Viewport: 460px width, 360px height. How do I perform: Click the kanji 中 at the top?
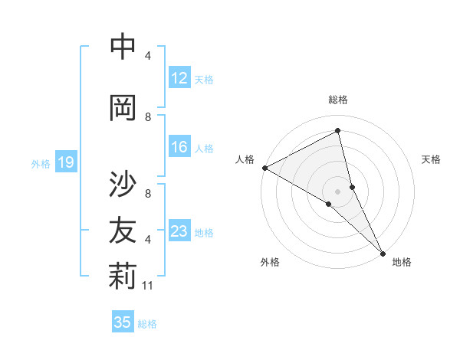[123, 47]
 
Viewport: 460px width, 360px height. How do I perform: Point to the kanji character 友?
[123, 230]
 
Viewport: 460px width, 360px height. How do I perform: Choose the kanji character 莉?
[123, 277]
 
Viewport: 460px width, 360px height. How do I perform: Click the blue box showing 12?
[179, 78]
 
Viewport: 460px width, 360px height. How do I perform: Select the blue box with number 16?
[179, 147]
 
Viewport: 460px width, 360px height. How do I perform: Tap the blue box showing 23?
[179, 231]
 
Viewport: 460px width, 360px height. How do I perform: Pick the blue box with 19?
[66, 162]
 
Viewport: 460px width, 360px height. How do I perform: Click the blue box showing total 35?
[123, 322]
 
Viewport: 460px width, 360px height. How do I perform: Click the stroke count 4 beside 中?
[148, 55]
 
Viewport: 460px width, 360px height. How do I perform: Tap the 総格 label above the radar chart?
[338, 100]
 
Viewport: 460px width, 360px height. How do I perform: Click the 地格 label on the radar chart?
[402, 262]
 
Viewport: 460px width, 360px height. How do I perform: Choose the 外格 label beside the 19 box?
[41, 163]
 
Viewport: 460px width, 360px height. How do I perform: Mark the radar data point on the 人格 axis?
[264, 167]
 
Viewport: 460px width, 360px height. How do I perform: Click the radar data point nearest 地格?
[383, 252]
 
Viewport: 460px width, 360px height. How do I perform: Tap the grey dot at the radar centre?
[338, 191]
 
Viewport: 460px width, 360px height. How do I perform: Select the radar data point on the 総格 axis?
[338, 131]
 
